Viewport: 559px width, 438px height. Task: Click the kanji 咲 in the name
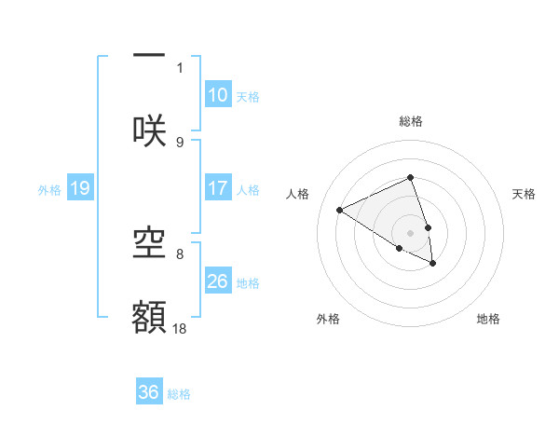(149, 130)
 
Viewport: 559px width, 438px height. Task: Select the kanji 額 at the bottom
(149, 317)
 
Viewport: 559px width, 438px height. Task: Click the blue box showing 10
(218, 95)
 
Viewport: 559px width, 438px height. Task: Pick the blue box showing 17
(218, 188)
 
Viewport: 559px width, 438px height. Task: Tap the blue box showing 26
(218, 281)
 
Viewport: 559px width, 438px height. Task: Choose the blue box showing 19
(80, 189)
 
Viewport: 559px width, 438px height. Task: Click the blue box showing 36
(149, 393)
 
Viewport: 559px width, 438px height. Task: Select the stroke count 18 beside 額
(180, 327)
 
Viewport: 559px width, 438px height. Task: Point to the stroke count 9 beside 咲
(180, 142)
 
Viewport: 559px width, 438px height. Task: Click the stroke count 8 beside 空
(180, 253)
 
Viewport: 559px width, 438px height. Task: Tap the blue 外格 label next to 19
(49, 190)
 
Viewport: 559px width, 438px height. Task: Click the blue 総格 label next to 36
(179, 394)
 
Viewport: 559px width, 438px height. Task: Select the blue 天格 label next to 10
(248, 96)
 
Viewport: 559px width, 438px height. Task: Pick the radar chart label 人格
(298, 194)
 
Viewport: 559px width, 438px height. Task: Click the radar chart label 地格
(488, 319)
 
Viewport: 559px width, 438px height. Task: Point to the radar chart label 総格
(411, 121)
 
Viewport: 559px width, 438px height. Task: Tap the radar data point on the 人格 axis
(339, 211)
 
